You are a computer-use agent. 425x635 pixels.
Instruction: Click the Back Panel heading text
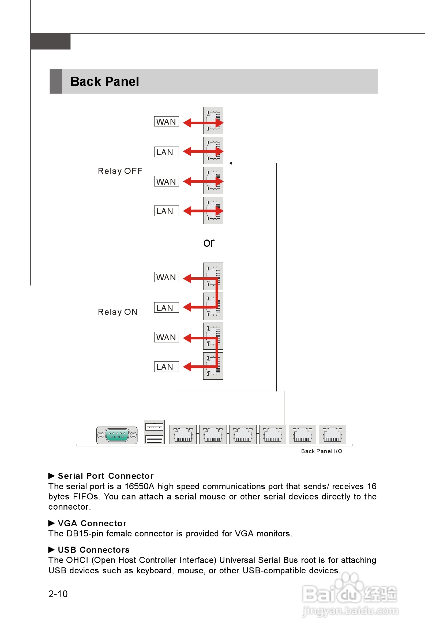coord(105,81)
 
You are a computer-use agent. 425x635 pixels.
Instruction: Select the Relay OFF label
coord(120,171)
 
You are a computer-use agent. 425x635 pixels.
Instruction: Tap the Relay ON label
coord(117,312)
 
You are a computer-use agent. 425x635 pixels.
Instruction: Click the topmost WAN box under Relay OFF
coord(166,121)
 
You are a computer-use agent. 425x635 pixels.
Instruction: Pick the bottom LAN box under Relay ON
coord(166,367)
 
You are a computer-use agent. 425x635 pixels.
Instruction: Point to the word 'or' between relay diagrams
coord(209,243)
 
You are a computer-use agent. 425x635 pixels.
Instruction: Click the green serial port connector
coord(117,435)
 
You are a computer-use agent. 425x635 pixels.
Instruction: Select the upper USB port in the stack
coord(154,427)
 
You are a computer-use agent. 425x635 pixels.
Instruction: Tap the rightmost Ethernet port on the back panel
coord(332,434)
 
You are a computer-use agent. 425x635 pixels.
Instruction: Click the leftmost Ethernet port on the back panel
coord(183,434)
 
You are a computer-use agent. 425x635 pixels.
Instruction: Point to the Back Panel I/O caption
coord(321,451)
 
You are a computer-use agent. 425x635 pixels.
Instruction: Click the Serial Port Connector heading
coord(106,476)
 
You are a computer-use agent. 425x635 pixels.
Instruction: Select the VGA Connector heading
coord(92,523)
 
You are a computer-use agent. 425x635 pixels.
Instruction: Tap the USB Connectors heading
coord(93,550)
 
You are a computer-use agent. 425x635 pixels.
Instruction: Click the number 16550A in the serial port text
coord(139,486)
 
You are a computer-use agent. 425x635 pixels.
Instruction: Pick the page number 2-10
coord(58,594)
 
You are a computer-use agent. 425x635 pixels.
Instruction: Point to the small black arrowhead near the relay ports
coord(231,163)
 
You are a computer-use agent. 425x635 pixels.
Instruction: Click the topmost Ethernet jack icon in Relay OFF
coord(213,120)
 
